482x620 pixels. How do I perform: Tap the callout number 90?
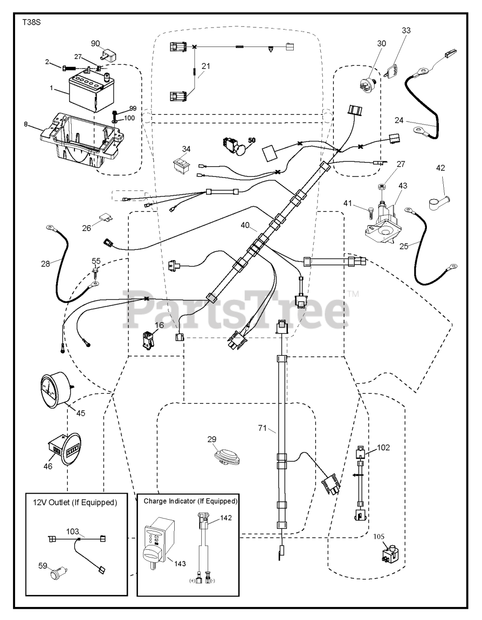(94, 44)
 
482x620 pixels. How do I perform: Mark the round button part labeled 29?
(226, 457)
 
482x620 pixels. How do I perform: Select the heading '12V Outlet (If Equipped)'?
(75, 502)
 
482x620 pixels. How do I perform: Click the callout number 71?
(263, 428)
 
